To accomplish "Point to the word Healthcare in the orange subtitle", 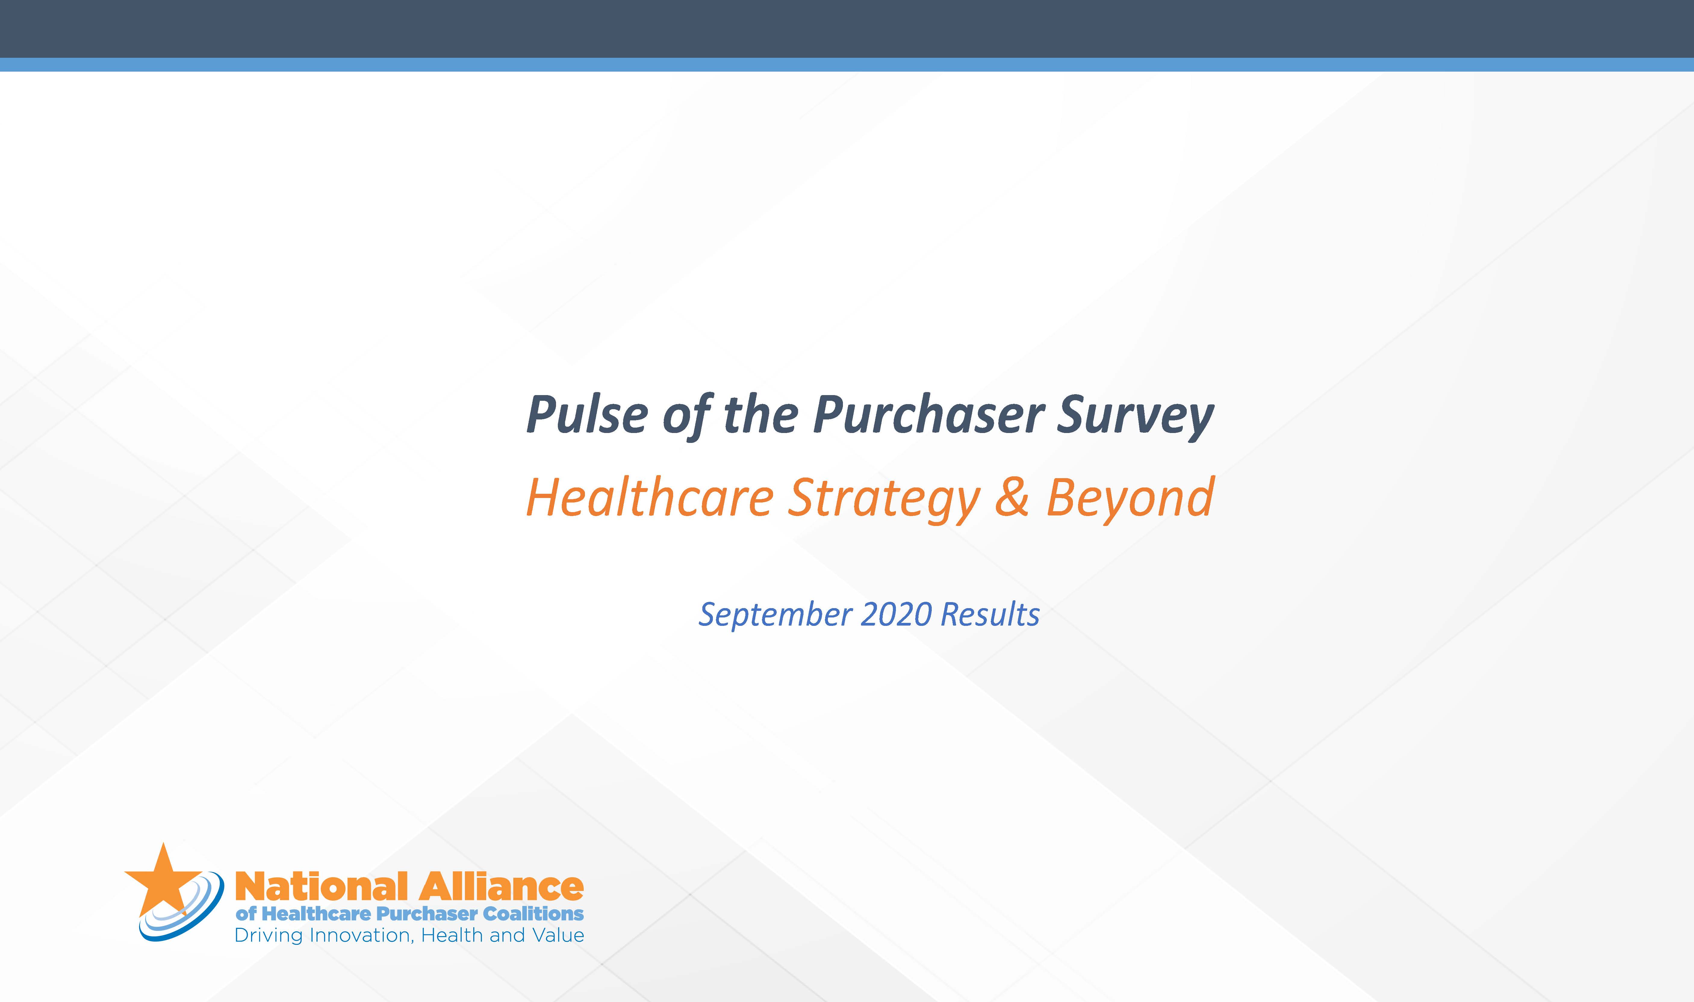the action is tap(650, 498).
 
